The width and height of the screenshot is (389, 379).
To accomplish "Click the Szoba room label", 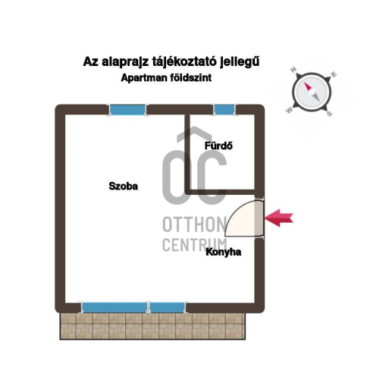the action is coord(124,186).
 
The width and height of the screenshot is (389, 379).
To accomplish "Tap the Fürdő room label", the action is coord(218,146).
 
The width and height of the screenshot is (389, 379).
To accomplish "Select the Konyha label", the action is coord(224,252).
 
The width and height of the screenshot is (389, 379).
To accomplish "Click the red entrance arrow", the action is coord(278,218).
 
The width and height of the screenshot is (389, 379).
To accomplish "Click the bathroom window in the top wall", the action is coord(224,110).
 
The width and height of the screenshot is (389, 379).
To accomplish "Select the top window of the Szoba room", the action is coord(127,110).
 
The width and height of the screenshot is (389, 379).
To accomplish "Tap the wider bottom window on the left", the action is coord(115,308).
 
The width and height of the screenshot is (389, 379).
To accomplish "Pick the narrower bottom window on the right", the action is coord(167,308).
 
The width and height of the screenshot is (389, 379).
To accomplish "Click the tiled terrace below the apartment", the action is coord(152,326).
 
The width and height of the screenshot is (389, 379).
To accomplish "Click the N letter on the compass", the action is coord(293,70).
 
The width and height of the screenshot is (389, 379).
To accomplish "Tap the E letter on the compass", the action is coord(334,74).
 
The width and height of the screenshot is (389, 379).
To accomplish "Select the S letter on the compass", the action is coord(329,114).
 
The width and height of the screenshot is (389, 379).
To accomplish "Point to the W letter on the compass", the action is coord(289,110).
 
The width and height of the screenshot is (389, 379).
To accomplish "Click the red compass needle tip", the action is coord(305,83).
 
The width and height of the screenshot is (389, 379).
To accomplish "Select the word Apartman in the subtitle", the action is coord(143,77).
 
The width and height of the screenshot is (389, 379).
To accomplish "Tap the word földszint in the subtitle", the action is coord(189,77).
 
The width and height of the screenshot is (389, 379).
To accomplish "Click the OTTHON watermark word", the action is coord(194,224).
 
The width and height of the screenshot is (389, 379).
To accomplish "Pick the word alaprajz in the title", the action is coord(125,62).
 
